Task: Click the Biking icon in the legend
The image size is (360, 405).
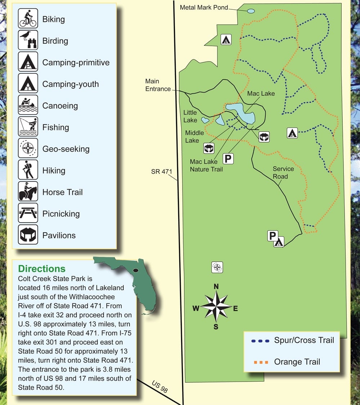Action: point(28,19)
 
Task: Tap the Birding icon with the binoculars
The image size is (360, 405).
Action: point(28,40)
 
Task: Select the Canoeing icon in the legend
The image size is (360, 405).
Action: point(28,105)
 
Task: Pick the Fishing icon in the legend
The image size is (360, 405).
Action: point(28,127)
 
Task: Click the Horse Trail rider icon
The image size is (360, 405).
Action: point(28,192)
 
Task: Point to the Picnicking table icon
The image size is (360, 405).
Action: point(28,213)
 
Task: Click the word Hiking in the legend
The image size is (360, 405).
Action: point(54,171)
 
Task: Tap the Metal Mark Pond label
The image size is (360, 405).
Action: point(204,7)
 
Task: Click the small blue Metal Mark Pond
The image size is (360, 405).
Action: point(251,11)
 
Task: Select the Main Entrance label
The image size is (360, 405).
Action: point(158,85)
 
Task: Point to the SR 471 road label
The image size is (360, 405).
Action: point(162,172)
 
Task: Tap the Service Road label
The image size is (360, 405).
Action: point(283,172)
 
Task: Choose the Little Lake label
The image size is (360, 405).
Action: point(190,116)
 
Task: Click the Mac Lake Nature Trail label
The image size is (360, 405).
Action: point(206,165)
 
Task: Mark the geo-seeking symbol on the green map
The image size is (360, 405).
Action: point(217,267)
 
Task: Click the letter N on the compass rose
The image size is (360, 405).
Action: point(216,287)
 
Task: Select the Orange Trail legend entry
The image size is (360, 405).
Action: point(297,362)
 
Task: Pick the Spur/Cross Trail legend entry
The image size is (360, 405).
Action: point(304,340)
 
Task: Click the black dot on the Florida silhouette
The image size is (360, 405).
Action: point(136,270)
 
